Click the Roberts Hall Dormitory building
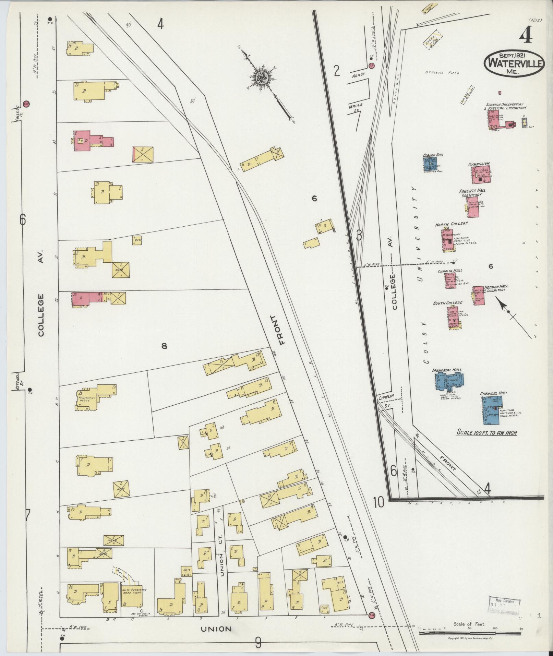pyautogui.click(x=473, y=207)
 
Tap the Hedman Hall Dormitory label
pyautogui.click(x=496, y=288)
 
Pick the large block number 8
pyautogui.click(x=164, y=346)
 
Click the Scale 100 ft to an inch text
pyautogui.click(x=486, y=433)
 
